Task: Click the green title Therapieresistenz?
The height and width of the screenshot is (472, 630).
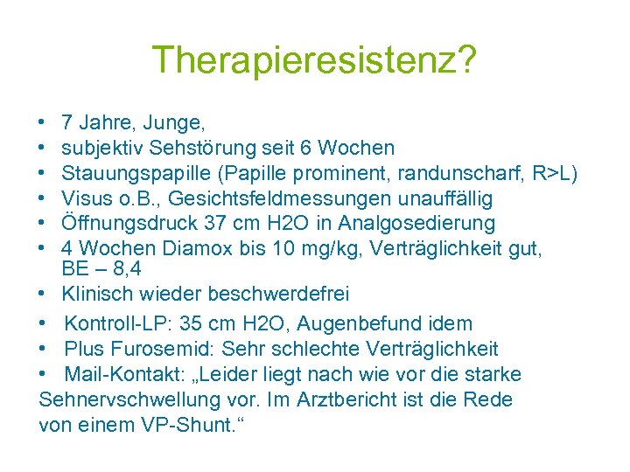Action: point(314,61)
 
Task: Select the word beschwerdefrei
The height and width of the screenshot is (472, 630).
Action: point(280,294)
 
